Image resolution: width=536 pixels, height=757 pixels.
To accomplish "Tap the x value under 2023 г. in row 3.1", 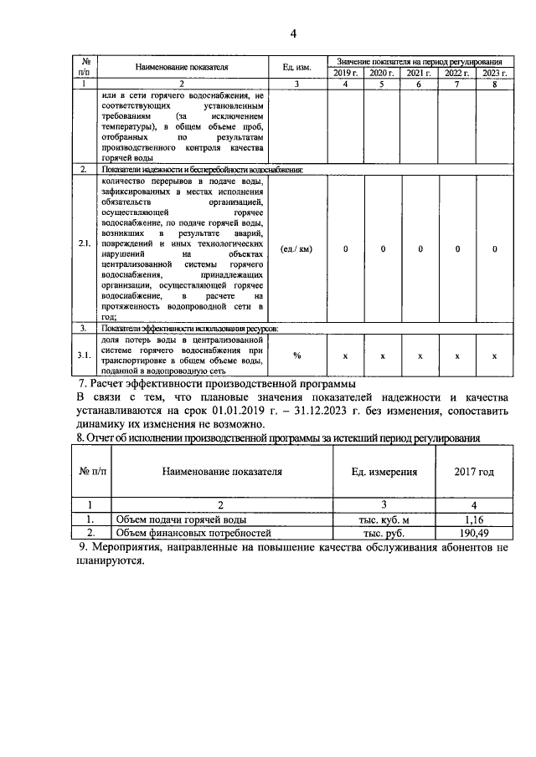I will tap(495, 356).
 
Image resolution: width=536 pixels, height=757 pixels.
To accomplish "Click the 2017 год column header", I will tap(474, 472).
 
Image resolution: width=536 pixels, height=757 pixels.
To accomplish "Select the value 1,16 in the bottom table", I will tap(474, 519).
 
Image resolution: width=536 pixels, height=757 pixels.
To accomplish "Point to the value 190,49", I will tap(474, 533).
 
